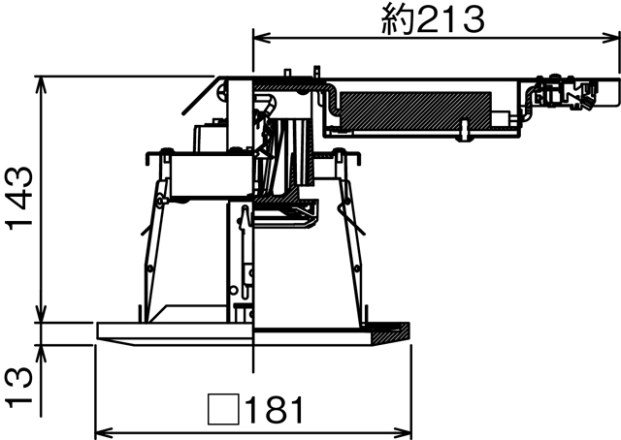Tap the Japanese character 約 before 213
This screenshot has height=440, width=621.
[396, 18]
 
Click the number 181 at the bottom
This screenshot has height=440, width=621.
[275, 410]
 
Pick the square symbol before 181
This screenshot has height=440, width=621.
[223, 410]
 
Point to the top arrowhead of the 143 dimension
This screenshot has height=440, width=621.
[40, 82]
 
